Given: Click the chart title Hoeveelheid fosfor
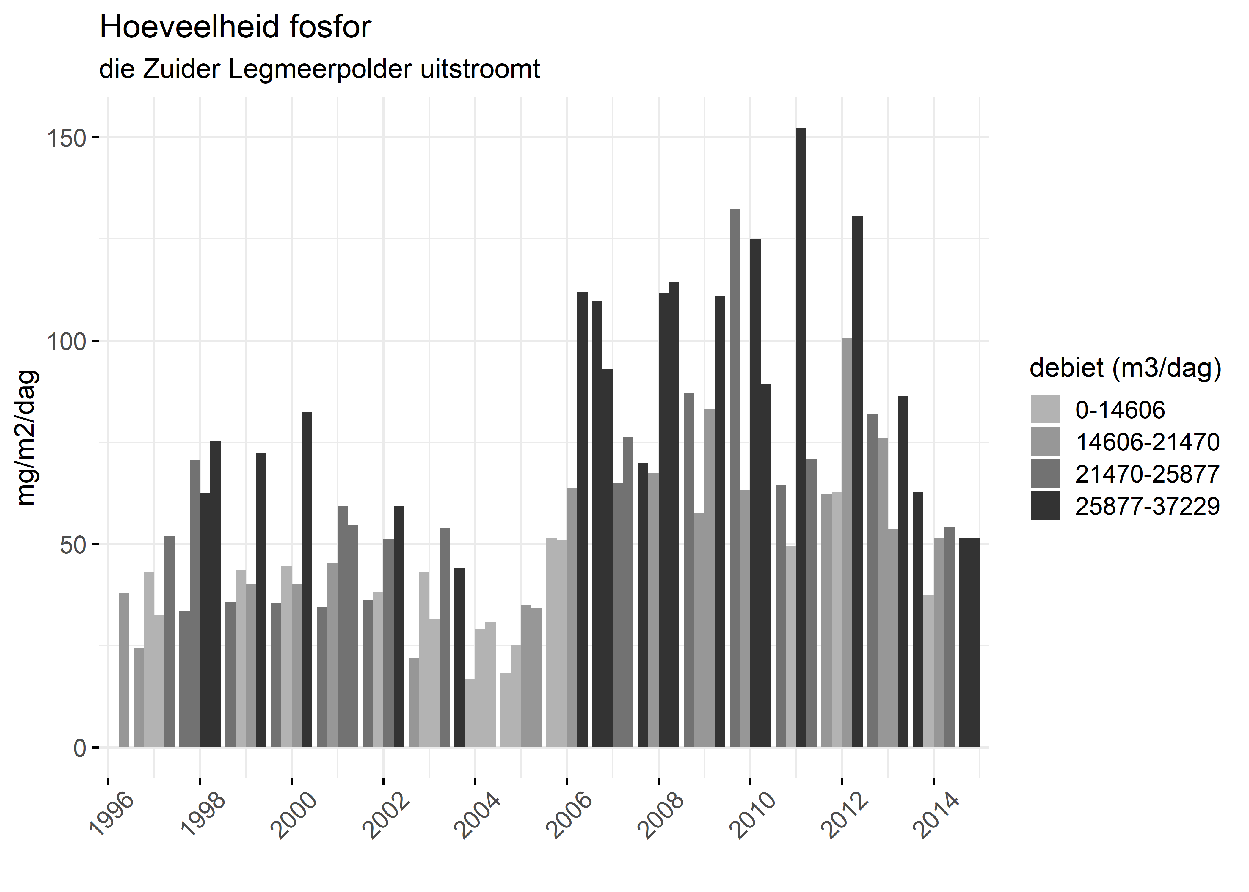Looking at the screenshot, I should (235, 27).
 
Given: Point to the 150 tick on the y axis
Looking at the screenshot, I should (66, 138).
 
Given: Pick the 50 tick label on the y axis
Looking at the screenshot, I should (73, 545).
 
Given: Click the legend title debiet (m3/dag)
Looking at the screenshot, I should (1125, 368).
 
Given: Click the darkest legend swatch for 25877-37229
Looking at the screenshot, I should (1045, 506).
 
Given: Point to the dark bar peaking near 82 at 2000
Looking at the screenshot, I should (307, 580).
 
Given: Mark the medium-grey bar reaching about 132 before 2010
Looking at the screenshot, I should (734, 478).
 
